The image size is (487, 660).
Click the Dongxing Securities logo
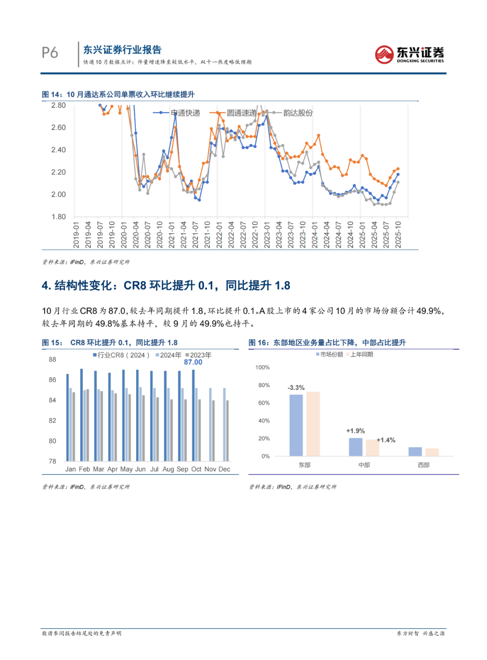click(x=409, y=54)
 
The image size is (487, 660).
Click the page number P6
click(x=50, y=53)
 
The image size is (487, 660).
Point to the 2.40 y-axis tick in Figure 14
click(x=58, y=150)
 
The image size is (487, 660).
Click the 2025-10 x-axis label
click(x=398, y=234)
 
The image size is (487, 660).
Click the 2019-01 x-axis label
click(x=76, y=234)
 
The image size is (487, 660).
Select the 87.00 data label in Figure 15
click(x=193, y=362)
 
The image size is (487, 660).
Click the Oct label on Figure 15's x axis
click(x=196, y=469)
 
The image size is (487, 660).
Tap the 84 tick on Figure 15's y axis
click(x=52, y=400)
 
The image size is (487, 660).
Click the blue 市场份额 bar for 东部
click(x=296, y=425)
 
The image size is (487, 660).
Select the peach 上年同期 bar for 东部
click(x=313, y=424)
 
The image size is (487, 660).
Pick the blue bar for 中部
click(x=355, y=447)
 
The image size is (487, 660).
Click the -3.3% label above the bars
click(x=296, y=388)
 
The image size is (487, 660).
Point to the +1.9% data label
click(x=355, y=431)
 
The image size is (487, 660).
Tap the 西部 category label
click(x=423, y=465)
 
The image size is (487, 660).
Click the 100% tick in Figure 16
click(x=262, y=367)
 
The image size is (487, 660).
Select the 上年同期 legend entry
click(x=361, y=355)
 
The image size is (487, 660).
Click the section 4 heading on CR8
click(x=166, y=285)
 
